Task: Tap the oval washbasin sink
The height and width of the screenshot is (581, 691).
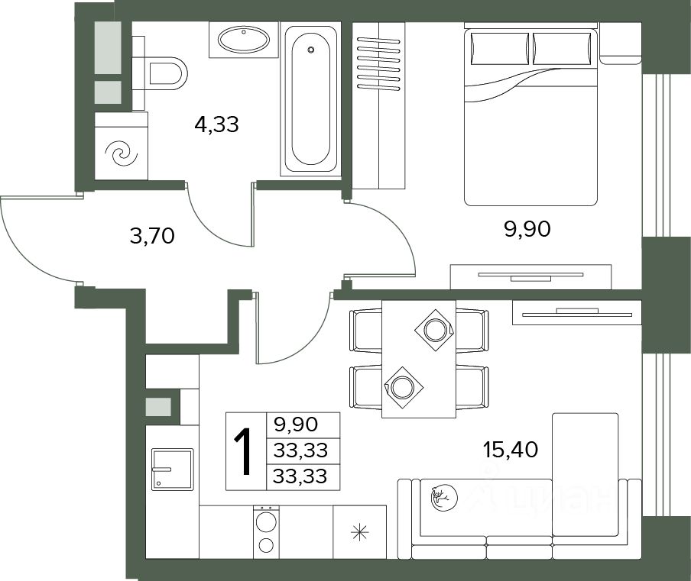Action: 244,40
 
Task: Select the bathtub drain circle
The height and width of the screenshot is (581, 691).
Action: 311,50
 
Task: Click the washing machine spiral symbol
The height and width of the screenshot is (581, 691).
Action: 122,153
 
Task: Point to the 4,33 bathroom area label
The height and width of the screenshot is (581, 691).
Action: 216,124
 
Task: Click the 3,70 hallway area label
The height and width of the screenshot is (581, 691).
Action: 152,236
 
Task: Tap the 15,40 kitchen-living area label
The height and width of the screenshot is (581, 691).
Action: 511,450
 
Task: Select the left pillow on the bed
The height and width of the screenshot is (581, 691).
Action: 500,48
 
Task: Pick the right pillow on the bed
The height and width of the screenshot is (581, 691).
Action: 561,48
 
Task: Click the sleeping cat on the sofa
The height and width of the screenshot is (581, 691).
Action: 444,498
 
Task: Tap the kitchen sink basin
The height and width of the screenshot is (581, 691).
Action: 172,470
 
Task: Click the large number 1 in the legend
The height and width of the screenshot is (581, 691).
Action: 243,452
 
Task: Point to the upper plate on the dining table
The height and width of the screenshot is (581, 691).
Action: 435,330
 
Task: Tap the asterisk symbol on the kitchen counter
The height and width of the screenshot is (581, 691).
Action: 359,533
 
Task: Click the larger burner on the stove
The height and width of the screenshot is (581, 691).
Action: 266,521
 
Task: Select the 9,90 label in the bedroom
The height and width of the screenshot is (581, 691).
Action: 527,229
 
